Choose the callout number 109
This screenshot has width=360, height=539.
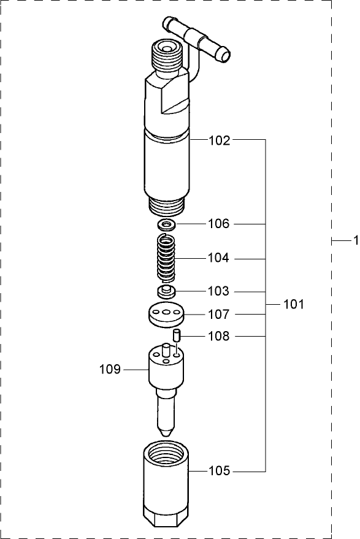(x=110, y=369)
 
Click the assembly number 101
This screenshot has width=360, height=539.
(x=293, y=304)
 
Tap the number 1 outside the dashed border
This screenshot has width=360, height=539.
(x=354, y=242)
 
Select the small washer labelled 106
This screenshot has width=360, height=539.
(x=166, y=224)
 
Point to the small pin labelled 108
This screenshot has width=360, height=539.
(x=176, y=335)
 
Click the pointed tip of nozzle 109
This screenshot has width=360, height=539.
(x=166, y=432)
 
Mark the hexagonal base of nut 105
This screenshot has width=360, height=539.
(x=164, y=520)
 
